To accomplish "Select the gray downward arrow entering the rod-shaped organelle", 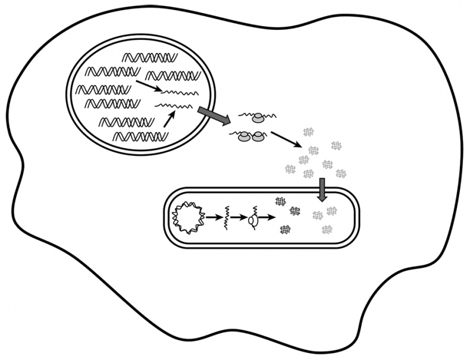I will pyautogui.click(x=322, y=190).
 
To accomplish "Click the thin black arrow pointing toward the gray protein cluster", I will pyautogui.click(x=285, y=139).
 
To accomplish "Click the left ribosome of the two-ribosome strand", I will pyautogui.click(x=244, y=138).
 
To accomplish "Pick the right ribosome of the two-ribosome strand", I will pyautogui.click(x=258, y=137).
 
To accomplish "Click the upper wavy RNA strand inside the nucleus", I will pyautogui.click(x=173, y=92).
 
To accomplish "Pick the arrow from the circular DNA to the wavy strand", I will pyautogui.click(x=212, y=218).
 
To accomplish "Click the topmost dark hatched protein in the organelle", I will pyautogui.click(x=280, y=202).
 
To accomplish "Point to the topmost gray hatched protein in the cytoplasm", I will pyautogui.click(x=309, y=132).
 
